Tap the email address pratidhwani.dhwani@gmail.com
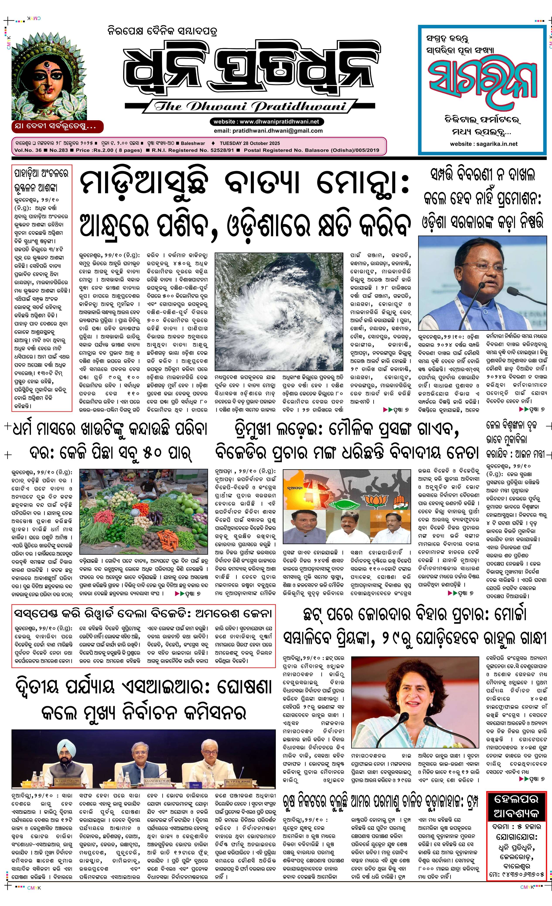268,131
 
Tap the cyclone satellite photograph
279,311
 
